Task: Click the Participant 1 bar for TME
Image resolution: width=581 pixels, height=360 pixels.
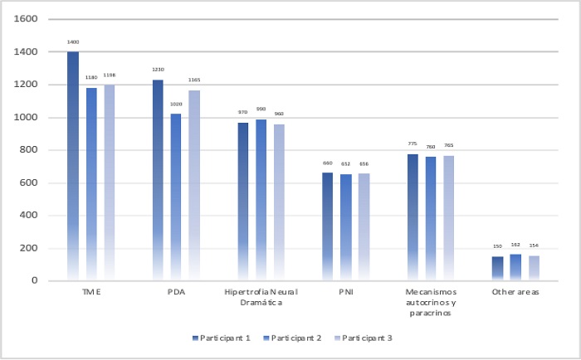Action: click(x=73, y=166)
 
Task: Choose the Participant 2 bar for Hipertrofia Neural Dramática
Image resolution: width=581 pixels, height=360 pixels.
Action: click(x=261, y=200)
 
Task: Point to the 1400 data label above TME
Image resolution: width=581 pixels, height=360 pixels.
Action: click(x=73, y=41)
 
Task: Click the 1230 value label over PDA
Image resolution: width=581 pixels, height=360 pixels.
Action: click(x=157, y=70)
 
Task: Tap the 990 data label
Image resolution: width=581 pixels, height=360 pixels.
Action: click(x=261, y=109)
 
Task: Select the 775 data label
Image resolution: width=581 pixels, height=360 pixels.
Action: click(x=413, y=144)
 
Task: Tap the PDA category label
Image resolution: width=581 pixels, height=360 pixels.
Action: click(x=175, y=292)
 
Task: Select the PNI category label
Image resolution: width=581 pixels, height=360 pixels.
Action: click(x=345, y=292)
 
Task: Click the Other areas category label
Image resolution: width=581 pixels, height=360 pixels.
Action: click(x=515, y=292)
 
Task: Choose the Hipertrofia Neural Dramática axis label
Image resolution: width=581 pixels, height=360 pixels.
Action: click(x=261, y=297)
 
